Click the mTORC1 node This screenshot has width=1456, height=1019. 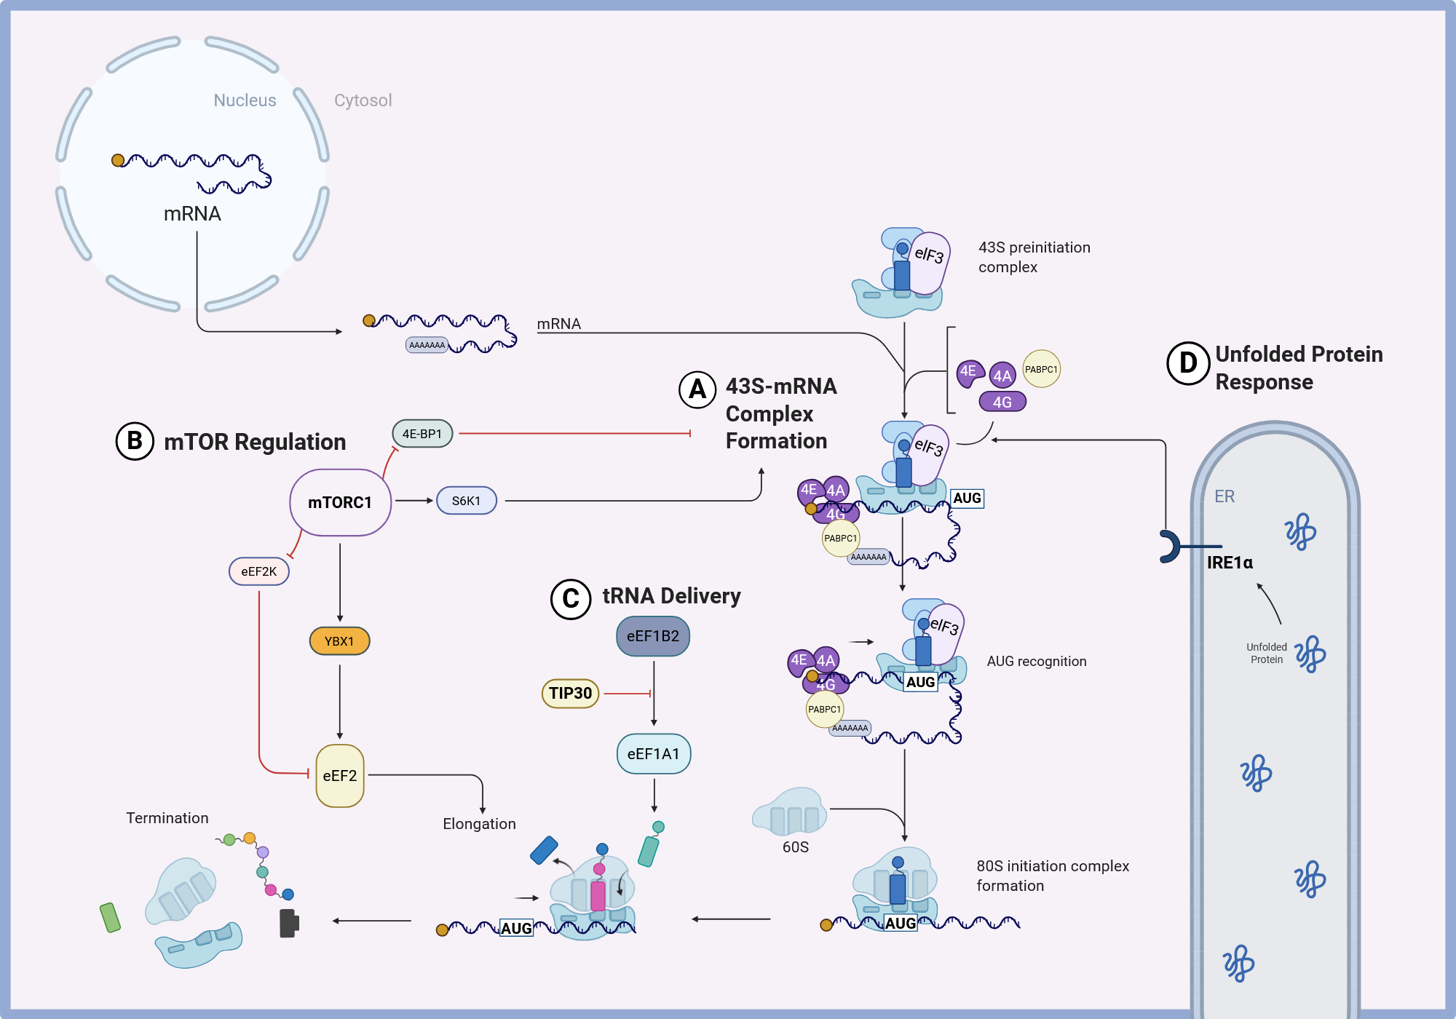[x=340, y=502]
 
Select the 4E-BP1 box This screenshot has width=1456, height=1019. [x=422, y=434]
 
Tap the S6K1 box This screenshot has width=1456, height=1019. [x=467, y=501]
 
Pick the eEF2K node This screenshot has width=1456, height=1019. [x=259, y=571]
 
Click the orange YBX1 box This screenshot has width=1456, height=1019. [x=340, y=641]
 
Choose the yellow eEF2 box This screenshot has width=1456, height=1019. [x=340, y=776]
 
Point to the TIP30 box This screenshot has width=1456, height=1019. [x=571, y=693]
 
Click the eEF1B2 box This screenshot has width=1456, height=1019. [x=653, y=636]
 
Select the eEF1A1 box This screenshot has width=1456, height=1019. [x=654, y=754]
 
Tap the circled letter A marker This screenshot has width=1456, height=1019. [x=697, y=389]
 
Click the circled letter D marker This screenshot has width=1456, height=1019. [x=1188, y=362]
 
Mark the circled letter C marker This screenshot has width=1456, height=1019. [x=571, y=598]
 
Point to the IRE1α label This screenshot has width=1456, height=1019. [x=1230, y=563]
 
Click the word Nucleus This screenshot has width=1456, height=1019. [x=245, y=100]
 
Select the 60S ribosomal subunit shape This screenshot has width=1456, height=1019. [x=790, y=811]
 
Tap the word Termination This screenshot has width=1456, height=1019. [x=167, y=818]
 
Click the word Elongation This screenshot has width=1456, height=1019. [x=479, y=824]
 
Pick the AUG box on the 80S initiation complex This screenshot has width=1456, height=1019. [x=901, y=923]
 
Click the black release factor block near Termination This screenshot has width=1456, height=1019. [x=289, y=923]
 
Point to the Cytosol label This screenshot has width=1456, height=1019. [x=363, y=100]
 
